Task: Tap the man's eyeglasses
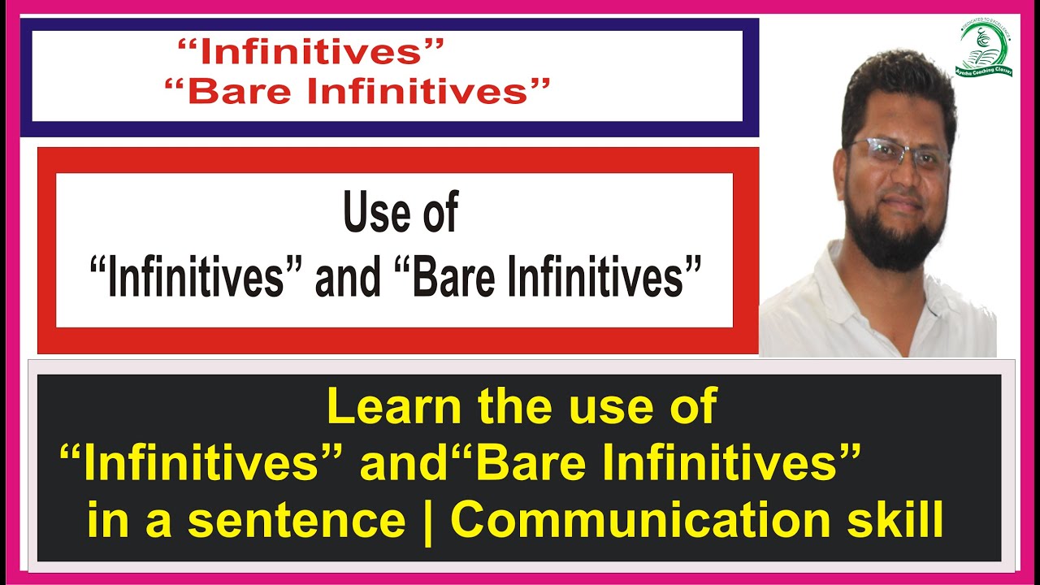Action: pyautogui.click(x=898, y=154)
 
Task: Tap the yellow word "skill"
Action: pyautogui.click(x=908, y=521)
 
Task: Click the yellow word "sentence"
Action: pyautogui.click(x=297, y=521)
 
